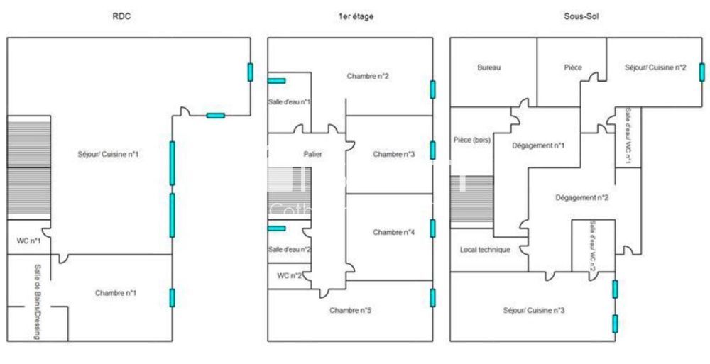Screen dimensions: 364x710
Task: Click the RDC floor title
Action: [x=121, y=16]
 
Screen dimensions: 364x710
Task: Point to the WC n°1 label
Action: [x=28, y=241]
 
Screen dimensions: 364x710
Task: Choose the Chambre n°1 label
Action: [x=116, y=292]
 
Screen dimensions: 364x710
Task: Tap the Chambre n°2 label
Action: [x=368, y=76]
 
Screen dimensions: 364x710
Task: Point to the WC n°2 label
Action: [x=288, y=275]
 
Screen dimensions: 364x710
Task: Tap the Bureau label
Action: [x=489, y=68]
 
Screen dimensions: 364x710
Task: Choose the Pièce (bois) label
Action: [x=472, y=140]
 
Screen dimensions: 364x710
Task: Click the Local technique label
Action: [x=485, y=250]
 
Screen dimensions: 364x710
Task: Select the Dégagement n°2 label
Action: [x=581, y=198]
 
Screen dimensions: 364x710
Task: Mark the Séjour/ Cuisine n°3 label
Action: [x=534, y=310]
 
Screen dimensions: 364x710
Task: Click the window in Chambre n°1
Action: [x=172, y=297]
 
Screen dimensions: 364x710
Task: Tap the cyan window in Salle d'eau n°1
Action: [x=276, y=81]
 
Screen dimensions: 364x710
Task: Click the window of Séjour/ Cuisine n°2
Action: [x=701, y=74]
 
